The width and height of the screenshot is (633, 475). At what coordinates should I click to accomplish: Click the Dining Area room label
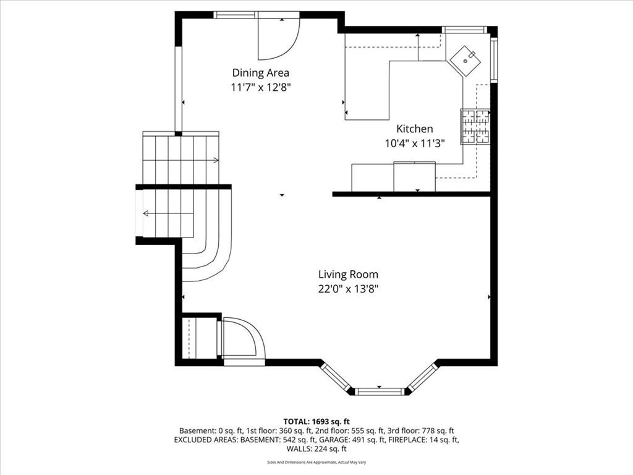point(260,73)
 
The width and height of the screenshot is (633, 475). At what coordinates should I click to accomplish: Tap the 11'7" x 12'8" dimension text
point(261,87)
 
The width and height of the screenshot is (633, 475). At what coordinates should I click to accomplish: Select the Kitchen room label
point(415,129)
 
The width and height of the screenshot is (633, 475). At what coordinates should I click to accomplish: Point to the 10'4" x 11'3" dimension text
point(415,143)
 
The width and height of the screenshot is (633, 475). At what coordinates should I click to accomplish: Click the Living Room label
point(348,275)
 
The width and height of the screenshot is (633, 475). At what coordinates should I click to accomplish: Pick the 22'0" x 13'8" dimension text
point(348,289)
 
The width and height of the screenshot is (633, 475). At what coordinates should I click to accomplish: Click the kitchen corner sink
point(465,61)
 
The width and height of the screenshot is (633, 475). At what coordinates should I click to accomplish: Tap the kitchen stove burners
point(475,126)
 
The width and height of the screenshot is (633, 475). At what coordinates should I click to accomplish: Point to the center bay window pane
point(380,391)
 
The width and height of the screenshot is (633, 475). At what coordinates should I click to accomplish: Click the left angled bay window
point(336,378)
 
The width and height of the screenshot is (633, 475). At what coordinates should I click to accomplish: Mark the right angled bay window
point(422,378)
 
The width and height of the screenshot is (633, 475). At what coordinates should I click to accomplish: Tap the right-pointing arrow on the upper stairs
point(181,160)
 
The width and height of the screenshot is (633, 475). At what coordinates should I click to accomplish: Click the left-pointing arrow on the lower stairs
point(168,213)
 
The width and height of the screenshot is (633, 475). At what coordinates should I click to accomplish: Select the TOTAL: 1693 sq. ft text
point(316,422)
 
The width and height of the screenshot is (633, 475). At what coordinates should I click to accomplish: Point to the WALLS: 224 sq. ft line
point(316,449)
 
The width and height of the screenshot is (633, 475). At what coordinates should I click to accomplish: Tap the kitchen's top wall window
point(463,30)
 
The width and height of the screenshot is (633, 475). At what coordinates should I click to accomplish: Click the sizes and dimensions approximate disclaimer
point(316,462)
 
